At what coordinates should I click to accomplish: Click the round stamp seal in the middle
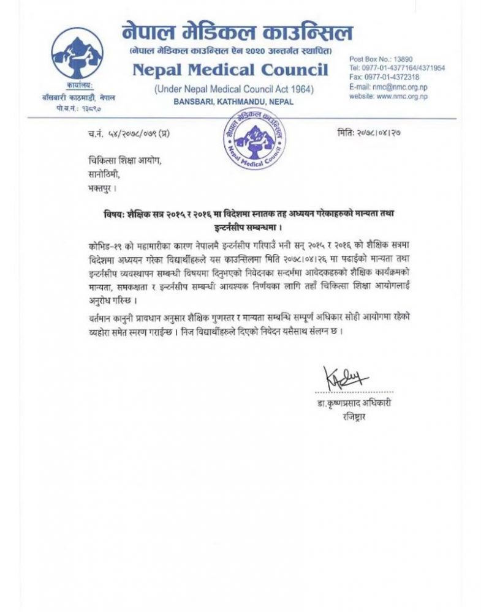tap(254, 141)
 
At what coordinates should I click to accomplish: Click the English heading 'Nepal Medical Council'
tap(230, 69)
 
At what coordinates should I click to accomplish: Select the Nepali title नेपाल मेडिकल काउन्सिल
tap(237, 31)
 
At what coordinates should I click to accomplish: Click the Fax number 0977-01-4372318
tap(384, 77)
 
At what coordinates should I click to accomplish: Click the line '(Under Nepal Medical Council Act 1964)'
tap(233, 89)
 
